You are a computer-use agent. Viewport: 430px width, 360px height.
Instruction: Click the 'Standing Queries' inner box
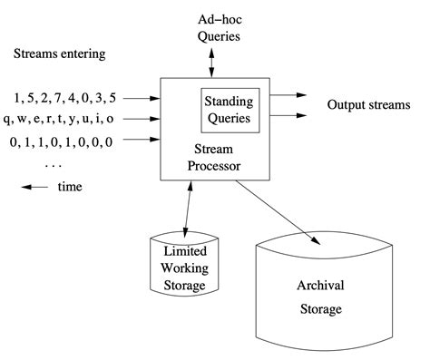(230, 109)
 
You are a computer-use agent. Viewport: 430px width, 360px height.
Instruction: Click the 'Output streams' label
(371, 105)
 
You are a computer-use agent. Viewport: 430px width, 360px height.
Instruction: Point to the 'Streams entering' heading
(60, 54)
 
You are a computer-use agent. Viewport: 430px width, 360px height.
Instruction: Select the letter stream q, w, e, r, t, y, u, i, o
(59, 118)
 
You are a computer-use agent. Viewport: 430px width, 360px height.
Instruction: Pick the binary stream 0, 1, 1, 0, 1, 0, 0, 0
(62, 141)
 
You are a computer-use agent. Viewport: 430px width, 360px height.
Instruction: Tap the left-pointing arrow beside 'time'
(35, 187)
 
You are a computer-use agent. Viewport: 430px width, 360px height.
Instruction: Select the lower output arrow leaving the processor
(289, 115)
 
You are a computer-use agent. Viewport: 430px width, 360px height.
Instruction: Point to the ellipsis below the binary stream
(52, 164)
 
